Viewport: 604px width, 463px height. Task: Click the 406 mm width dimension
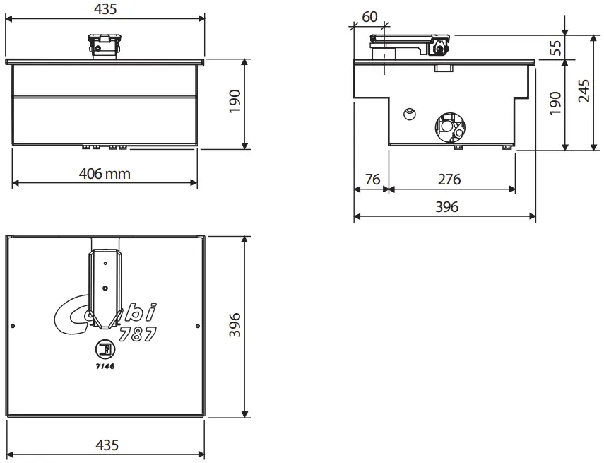pyautogui.click(x=105, y=173)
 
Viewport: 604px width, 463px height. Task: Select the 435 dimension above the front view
pyautogui.click(x=105, y=9)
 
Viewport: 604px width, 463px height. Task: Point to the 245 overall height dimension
pyautogui.click(x=585, y=91)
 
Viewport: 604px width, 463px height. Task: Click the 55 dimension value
pyautogui.click(x=555, y=47)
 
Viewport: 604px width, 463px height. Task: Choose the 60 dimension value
pyautogui.click(x=369, y=16)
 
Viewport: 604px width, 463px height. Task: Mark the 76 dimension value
pyautogui.click(x=372, y=180)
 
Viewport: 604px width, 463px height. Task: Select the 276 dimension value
pyautogui.click(x=449, y=180)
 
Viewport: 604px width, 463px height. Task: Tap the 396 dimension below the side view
pyautogui.click(x=446, y=207)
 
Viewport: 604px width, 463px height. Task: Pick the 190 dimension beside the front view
pyautogui.click(x=236, y=102)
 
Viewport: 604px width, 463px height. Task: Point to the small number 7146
pyautogui.click(x=105, y=368)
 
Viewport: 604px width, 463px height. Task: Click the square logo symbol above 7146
pyautogui.click(x=105, y=350)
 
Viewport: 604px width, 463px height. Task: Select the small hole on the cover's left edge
pyautogui.click(x=13, y=326)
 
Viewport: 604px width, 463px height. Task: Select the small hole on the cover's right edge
pyautogui.click(x=197, y=326)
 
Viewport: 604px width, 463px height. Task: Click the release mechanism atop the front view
pyautogui.click(x=104, y=47)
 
